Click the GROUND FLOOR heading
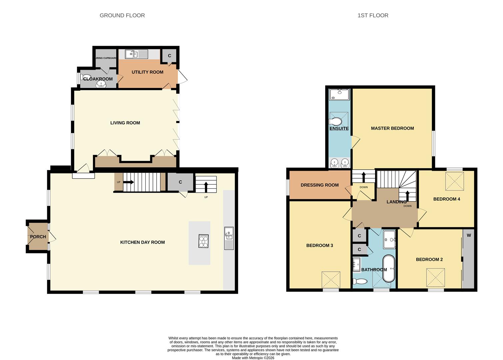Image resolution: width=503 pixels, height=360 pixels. click(122, 15)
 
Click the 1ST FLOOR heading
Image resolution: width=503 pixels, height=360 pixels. click(373, 15)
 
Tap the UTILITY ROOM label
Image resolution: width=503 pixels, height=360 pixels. click(148, 72)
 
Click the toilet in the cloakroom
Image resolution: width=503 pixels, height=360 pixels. click(87, 77)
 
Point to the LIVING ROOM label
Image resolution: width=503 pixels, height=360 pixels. click(125, 123)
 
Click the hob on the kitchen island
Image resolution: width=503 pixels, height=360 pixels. click(204, 241)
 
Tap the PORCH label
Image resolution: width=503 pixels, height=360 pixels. click(38, 237)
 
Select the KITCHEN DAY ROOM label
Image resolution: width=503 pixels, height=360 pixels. click(143, 242)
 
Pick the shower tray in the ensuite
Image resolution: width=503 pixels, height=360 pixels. click(339, 94)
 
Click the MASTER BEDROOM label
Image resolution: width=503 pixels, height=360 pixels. click(392, 128)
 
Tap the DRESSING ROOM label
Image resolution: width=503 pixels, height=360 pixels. click(319, 185)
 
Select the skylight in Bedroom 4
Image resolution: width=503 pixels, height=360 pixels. click(455, 181)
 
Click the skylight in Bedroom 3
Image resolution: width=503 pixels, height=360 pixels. click(331, 280)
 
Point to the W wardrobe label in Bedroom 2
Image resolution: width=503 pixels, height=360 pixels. click(469, 235)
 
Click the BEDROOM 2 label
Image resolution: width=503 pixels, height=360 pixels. click(429, 259)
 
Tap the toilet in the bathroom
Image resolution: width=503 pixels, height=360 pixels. click(360, 281)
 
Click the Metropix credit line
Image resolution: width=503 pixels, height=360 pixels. click(253, 358)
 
